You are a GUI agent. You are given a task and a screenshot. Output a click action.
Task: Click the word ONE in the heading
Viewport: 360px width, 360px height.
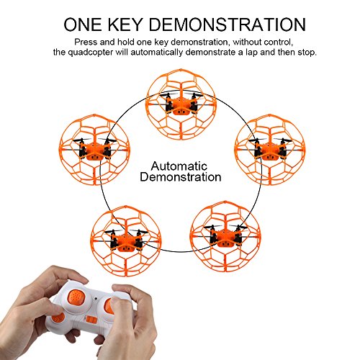(83, 24)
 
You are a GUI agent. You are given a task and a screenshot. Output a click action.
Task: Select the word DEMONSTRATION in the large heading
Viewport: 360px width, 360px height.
(228, 24)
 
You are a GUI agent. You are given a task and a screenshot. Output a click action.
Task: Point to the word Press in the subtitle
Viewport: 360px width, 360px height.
(86, 42)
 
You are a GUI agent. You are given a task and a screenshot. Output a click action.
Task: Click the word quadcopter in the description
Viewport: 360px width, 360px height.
(91, 53)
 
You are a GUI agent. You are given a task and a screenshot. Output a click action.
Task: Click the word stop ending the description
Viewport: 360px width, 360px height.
(307, 53)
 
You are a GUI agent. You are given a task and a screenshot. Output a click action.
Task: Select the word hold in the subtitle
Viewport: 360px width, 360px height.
(126, 42)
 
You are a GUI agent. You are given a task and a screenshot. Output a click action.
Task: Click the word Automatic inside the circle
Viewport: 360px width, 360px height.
(179, 166)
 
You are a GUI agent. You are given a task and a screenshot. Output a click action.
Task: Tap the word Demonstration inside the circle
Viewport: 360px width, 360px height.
(181, 177)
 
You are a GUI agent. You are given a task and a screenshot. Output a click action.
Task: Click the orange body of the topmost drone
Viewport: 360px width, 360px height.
(181, 105)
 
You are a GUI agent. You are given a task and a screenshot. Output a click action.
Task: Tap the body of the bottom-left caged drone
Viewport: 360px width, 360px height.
(125, 241)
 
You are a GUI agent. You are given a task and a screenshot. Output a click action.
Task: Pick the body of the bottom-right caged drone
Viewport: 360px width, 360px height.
(225, 237)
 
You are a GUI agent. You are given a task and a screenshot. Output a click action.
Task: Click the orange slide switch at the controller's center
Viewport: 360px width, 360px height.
(91, 320)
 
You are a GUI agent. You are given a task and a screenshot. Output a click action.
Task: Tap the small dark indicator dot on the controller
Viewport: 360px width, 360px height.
(96, 299)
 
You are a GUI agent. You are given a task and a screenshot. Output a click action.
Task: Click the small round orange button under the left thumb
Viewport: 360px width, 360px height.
(58, 318)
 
